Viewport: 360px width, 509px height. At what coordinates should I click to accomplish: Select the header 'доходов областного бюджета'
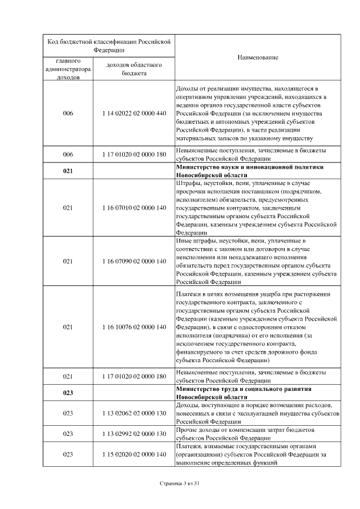tap(134, 69)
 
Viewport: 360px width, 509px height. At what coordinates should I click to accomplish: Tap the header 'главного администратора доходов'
tap(67, 69)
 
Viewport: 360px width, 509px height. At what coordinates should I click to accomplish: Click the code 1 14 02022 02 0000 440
tap(134, 114)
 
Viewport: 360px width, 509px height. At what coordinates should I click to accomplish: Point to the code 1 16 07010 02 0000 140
tap(134, 208)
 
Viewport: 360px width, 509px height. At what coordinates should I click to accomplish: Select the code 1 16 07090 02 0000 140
tap(134, 262)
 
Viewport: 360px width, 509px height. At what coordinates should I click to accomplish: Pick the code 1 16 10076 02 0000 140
tap(134, 327)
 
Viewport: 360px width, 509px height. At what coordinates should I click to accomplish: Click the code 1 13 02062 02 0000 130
tap(134, 413)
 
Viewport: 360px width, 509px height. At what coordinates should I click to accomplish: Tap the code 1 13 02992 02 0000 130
tap(134, 434)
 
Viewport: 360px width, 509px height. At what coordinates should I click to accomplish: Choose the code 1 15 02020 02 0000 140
tap(134, 454)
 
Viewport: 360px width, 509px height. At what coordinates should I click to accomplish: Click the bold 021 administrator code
tap(67, 171)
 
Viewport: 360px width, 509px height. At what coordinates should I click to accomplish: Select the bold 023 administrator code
tap(67, 393)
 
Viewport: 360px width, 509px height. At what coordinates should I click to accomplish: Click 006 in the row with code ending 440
tap(67, 114)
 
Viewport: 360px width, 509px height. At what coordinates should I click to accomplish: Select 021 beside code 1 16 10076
tap(67, 327)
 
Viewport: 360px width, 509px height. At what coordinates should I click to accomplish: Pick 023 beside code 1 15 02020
tap(67, 454)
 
